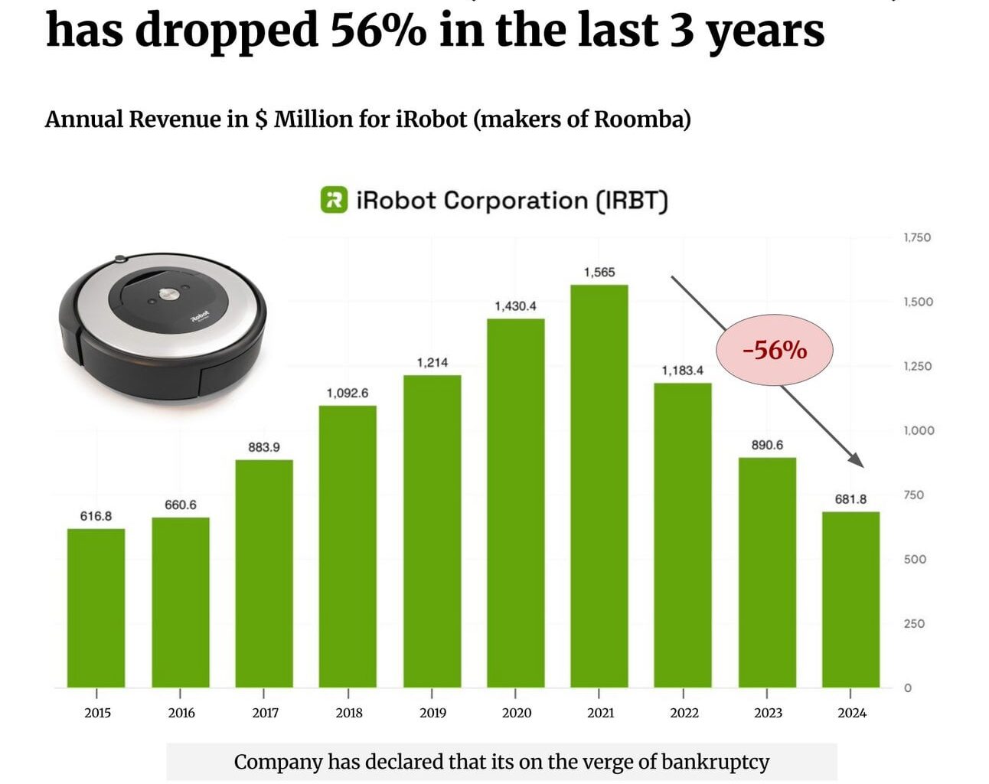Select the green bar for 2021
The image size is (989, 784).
pyautogui.click(x=599, y=485)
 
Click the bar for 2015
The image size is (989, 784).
pyautogui.click(x=96, y=608)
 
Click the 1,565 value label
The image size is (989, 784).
pyautogui.click(x=599, y=272)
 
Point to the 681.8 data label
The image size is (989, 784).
pyautogui.click(x=850, y=498)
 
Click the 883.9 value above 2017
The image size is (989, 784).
pyautogui.click(x=264, y=446)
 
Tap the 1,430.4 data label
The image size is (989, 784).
pyautogui.click(x=515, y=305)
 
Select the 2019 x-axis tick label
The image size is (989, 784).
pyautogui.click(x=432, y=713)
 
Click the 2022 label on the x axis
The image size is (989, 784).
pyautogui.click(x=684, y=713)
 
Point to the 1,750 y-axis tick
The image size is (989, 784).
pyautogui.click(x=917, y=237)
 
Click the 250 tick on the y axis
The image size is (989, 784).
pyautogui.click(x=915, y=623)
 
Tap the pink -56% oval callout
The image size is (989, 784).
pyautogui.click(x=774, y=350)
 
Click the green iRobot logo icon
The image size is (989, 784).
pyautogui.click(x=334, y=201)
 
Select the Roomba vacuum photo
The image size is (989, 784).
pyautogui.click(x=163, y=326)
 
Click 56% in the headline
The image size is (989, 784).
pyautogui.click(x=378, y=31)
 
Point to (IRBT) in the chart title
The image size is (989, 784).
pyautogui.click(x=632, y=201)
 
